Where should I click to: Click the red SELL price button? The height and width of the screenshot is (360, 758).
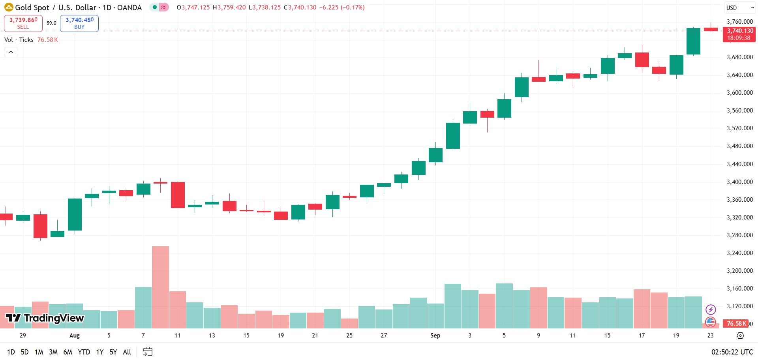(23, 23)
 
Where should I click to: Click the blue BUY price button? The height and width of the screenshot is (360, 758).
(79, 23)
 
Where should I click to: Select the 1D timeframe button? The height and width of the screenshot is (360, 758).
(11, 352)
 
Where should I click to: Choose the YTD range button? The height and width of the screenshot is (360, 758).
(84, 352)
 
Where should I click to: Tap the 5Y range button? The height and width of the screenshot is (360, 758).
(113, 352)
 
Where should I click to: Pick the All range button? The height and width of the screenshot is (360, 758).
(127, 352)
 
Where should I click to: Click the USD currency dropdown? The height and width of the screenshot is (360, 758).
(739, 7)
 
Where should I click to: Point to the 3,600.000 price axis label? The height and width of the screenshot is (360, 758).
(740, 93)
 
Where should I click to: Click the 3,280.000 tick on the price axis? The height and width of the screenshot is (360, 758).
(740, 235)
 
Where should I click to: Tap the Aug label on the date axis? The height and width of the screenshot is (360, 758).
(74, 336)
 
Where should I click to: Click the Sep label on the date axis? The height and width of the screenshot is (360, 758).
(435, 336)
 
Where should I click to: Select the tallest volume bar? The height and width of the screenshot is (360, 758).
(160, 287)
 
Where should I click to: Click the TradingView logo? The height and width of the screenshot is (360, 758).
(45, 318)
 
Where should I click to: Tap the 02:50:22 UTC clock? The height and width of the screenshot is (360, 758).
(732, 352)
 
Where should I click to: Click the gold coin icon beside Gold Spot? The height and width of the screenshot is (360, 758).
(8, 7)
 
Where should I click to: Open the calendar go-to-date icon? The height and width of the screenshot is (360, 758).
(148, 352)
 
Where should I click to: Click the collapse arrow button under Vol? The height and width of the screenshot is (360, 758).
(11, 52)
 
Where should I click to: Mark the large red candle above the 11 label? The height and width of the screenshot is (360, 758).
(178, 195)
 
